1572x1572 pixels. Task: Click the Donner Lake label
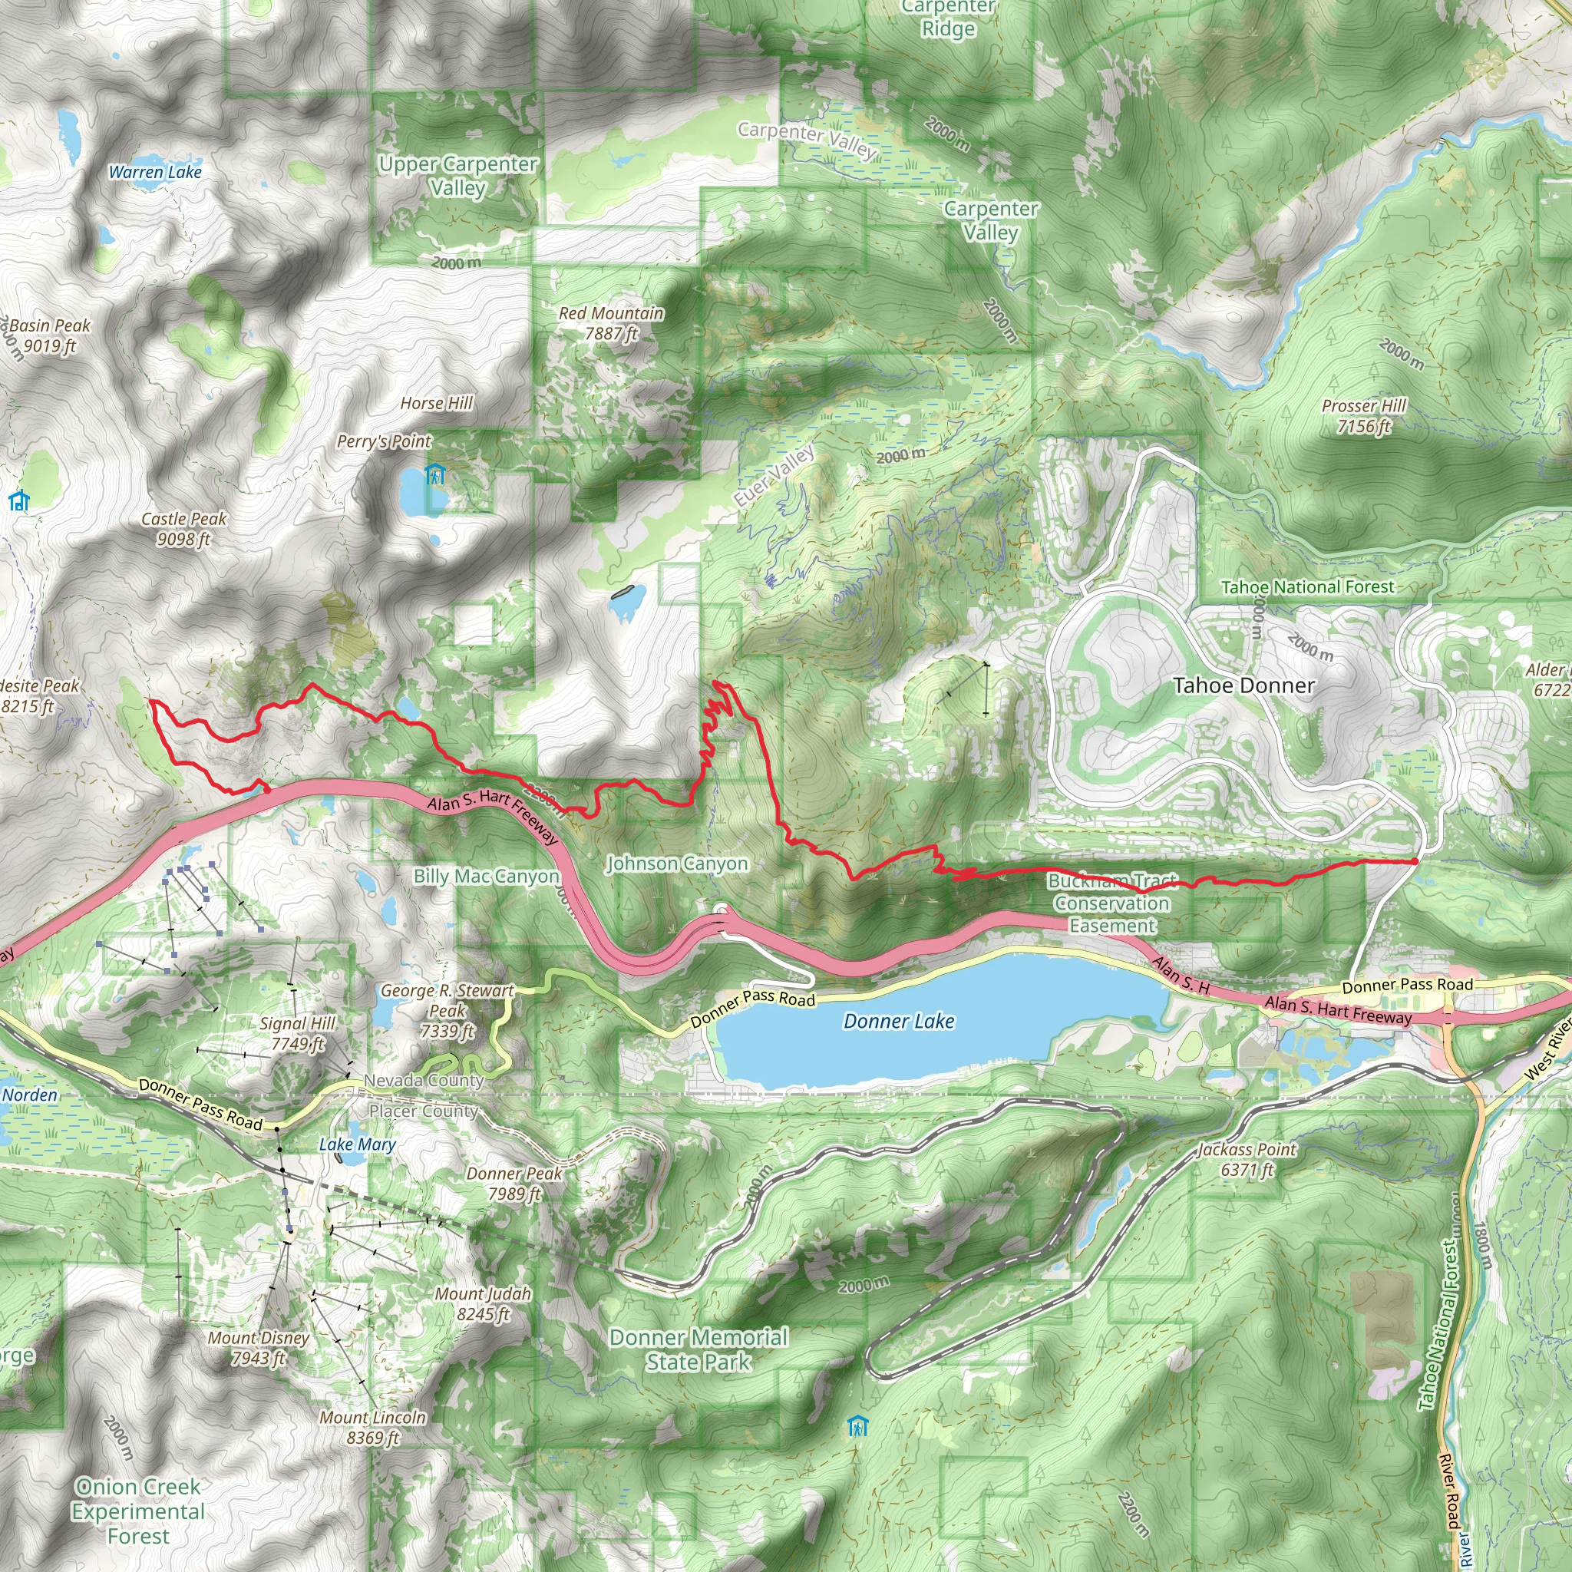pyautogui.click(x=898, y=1021)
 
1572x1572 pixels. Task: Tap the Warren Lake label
pyautogui.click(x=154, y=172)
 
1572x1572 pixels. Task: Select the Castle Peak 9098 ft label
pyautogui.click(x=184, y=529)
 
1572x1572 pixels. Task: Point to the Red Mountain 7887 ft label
pyautogui.click(x=611, y=323)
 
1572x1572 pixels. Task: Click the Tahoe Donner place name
pyautogui.click(x=1243, y=686)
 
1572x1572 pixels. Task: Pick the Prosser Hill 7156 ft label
pyautogui.click(x=1364, y=416)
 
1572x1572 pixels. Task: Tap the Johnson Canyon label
pyautogui.click(x=677, y=864)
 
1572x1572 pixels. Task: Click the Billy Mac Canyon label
pyautogui.click(x=486, y=877)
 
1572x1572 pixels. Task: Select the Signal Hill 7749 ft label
pyautogui.click(x=297, y=1033)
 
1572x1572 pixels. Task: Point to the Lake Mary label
pyautogui.click(x=357, y=1144)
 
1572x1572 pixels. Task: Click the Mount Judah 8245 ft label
pyautogui.click(x=483, y=1303)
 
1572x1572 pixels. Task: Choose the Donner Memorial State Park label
pyautogui.click(x=698, y=1349)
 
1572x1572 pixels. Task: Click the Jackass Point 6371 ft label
pyautogui.click(x=1247, y=1160)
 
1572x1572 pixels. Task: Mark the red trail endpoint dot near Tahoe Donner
pyautogui.click(x=1415, y=861)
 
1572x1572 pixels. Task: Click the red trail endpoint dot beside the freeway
pyautogui.click(x=266, y=788)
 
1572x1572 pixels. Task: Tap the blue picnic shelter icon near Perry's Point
pyautogui.click(x=435, y=474)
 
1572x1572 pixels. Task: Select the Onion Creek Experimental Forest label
pyautogui.click(x=137, y=1511)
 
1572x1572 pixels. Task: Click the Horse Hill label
pyautogui.click(x=436, y=404)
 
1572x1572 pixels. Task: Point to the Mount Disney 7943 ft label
pyautogui.click(x=258, y=1347)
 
